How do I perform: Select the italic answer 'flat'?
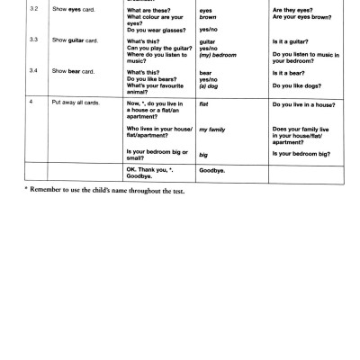click(204, 104)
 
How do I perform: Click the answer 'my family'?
click(213, 130)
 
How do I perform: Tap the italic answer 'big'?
click(203, 155)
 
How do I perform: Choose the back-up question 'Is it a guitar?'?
click(289, 40)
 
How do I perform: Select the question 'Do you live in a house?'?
click(303, 104)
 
